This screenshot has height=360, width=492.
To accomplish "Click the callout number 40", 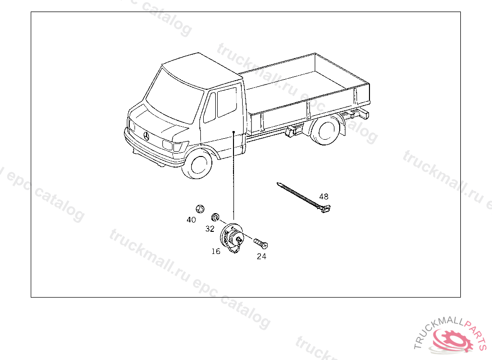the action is click(x=191, y=220).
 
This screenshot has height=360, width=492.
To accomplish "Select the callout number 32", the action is click(x=209, y=229).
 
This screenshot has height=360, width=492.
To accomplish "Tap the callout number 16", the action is click(x=216, y=251).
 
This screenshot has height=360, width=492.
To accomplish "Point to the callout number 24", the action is click(x=261, y=256).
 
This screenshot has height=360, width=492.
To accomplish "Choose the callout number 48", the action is click(x=323, y=196).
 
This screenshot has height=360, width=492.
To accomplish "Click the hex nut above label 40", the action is click(x=200, y=208).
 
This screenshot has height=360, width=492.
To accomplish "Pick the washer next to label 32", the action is click(x=215, y=216).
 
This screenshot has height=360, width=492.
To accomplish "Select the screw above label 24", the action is click(x=261, y=243).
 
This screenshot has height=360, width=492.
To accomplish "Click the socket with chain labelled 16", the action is click(x=232, y=238).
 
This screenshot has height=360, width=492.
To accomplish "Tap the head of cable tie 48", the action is click(x=326, y=208).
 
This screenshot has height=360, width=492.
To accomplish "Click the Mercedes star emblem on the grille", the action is click(x=146, y=136).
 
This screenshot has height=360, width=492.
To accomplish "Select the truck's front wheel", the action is click(x=197, y=164).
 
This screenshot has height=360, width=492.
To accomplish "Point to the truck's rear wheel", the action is click(x=325, y=131).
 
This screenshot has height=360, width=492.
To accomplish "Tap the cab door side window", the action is click(x=227, y=102).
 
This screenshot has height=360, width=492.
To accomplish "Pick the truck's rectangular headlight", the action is click(x=168, y=145).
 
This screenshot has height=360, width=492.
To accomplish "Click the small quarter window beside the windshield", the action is click(x=209, y=108).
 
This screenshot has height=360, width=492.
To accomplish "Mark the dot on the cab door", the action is click(x=234, y=132).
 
